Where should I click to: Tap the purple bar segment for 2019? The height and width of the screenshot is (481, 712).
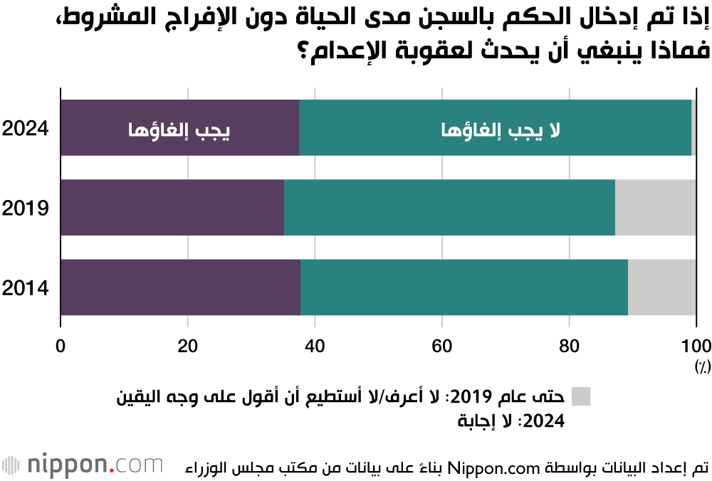pyautogui.click(x=172, y=208)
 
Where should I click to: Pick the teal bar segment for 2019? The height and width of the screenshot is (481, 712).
pyautogui.click(x=449, y=208)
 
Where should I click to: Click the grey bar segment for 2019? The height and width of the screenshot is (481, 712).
pyautogui.click(x=655, y=208)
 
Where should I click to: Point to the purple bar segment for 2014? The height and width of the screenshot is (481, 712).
pyautogui.click(x=180, y=287)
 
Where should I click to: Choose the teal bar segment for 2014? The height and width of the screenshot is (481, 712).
pyautogui.click(x=464, y=287)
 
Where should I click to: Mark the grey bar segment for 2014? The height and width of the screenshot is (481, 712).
pyautogui.click(x=661, y=287)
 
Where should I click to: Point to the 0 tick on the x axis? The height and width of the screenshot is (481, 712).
pyautogui.click(x=61, y=347)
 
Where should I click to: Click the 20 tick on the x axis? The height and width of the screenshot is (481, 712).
pyautogui.click(x=187, y=347)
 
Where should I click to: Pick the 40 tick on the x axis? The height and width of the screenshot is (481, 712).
pyautogui.click(x=314, y=347)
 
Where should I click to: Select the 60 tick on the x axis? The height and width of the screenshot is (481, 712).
pyautogui.click(x=441, y=347)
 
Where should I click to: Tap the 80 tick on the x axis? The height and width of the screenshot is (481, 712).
pyautogui.click(x=569, y=347)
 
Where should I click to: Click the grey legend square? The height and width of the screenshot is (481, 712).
pyautogui.click(x=580, y=396)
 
